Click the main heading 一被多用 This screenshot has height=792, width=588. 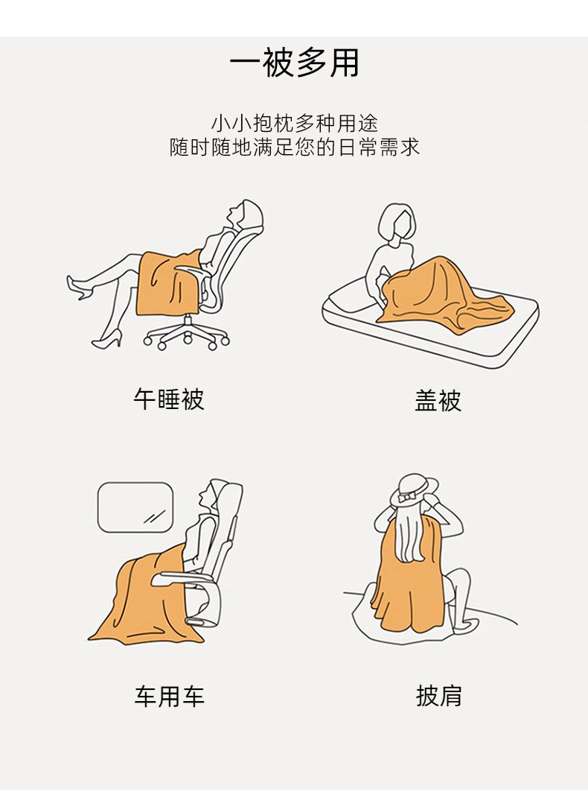tap(294, 63)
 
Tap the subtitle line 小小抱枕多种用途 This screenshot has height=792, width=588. tap(294, 123)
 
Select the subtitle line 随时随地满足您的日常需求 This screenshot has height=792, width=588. tap(294, 147)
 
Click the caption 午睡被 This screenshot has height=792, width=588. tap(169, 399)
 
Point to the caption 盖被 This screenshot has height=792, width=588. tap(438, 401)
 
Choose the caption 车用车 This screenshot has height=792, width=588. tap(169, 696)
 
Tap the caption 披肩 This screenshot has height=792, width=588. tap(438, 696)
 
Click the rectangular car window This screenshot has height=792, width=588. tap(135, 507)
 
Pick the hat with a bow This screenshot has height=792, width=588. tap(414, 489)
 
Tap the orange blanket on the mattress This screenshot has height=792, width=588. tap(439, 293)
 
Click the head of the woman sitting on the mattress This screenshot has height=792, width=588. tap(399, 222)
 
